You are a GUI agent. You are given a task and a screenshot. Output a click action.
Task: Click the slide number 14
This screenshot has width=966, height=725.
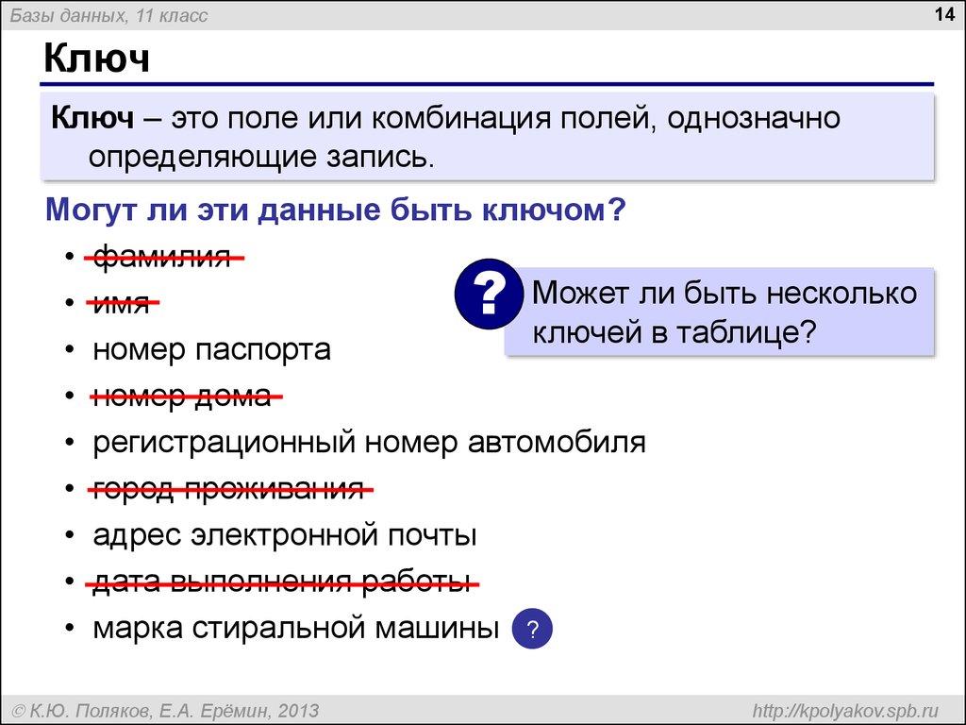tap(944, 15)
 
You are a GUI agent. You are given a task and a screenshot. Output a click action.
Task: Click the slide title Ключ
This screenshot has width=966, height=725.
tap(96, 59)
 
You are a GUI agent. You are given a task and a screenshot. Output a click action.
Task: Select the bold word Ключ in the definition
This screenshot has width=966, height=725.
tap(92, 119)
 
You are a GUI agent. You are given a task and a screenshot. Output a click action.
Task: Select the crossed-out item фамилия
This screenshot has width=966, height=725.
tap(161, 258)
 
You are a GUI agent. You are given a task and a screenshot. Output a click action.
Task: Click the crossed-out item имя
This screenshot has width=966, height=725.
tap(122, 304)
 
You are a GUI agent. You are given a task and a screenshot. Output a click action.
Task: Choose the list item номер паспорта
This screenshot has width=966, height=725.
tap(211, 350)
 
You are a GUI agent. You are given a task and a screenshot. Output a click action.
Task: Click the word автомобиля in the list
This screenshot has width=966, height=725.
tap(557, 443)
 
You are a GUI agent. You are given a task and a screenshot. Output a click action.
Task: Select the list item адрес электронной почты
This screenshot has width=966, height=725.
tap(284, 535)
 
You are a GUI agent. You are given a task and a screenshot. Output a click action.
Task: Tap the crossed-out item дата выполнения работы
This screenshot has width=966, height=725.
tap(281, 582)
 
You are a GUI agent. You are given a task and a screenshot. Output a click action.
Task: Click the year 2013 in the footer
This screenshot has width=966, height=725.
tap(300, 710)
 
